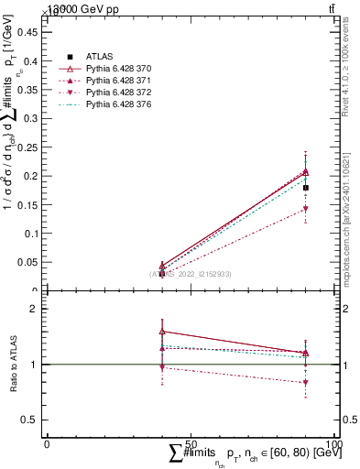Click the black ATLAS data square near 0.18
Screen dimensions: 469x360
[x=306, y=188]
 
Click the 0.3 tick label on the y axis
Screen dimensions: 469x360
[x=33, y=117]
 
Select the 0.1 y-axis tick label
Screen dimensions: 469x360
[x=33, y=233]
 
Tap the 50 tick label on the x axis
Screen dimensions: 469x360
[x=191, y=443]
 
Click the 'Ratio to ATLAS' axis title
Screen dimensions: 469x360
[x=12, y=364]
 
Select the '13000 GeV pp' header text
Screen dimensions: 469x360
[x=83, y=8]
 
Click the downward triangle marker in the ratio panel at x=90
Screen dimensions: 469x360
[x=306, y=383]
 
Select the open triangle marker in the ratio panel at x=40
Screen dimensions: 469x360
[x=162, y=332]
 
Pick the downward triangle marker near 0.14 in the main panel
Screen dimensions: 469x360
[x=306, y=210]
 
